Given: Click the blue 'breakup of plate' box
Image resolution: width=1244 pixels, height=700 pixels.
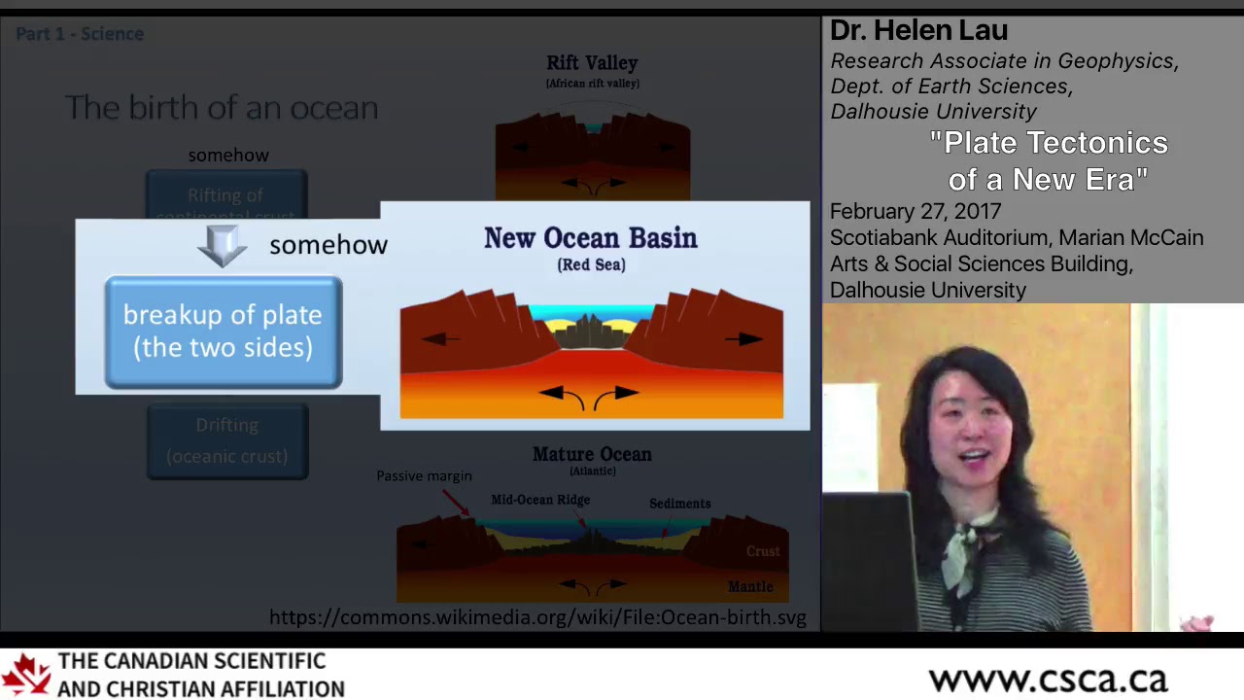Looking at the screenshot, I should pos(223,332).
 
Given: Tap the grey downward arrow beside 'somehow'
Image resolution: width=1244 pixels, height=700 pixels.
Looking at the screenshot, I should pos(223,246).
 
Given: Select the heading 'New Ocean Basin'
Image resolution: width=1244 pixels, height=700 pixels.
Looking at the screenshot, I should pos(590,238).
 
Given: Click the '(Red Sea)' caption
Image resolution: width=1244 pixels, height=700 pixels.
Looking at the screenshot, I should pos(591,264).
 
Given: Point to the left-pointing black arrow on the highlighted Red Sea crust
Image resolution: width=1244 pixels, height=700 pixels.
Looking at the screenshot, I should pos(440,339).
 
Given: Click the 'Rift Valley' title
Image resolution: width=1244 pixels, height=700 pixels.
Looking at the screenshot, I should pos(592,63).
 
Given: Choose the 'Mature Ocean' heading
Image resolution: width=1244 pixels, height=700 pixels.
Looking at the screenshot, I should pos(592,454).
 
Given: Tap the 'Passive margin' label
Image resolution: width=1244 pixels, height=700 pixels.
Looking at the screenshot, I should pos(424,475).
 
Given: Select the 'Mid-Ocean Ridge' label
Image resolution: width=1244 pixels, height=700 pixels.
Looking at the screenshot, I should pos(540,500).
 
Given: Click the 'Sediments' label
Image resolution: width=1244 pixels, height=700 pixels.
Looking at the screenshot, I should pos(679,504).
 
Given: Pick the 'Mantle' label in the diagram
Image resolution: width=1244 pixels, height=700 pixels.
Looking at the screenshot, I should pos(750,586).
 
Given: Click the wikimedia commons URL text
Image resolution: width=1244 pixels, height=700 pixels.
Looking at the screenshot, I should pos(537,617).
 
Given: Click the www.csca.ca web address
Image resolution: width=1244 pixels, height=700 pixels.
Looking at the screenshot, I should pos(1047,679).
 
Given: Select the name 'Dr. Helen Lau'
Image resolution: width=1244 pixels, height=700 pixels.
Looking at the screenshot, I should pos(918,31).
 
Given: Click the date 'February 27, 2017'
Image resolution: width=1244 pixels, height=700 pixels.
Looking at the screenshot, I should pos(915,211).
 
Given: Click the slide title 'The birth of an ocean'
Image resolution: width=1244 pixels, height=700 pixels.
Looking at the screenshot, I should pos(222,107).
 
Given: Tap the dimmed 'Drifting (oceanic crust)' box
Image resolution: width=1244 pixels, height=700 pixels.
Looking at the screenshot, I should pos(226,440).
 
